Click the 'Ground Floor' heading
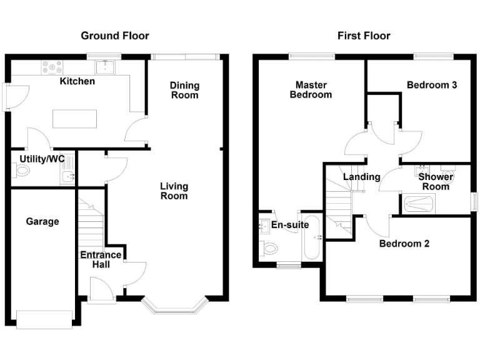(x=115, y=36)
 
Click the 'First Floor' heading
(x=364, y=36)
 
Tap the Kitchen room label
(x=77, y=81)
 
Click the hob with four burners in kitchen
(x=51, y=64)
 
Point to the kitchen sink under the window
(x=104, y=64)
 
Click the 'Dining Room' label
(x=184, y=90)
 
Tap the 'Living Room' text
(x=174, y=191)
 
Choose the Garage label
(x=42, y=221)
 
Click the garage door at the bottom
(x=44, y=319)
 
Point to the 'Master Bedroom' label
(x=314, y=89)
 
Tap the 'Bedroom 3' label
(x=431, y=85)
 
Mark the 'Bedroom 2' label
(x=404, y=244)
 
